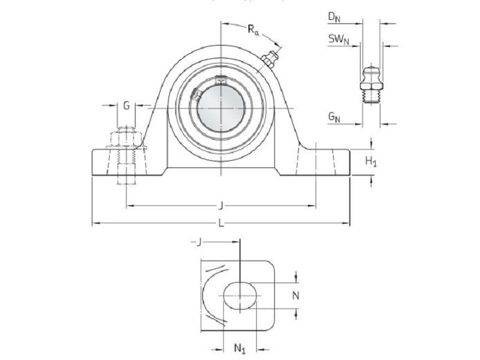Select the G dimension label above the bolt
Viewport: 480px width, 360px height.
(126, 106)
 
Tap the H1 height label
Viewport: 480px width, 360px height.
(372, 160)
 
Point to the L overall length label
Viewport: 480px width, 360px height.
(221, 224)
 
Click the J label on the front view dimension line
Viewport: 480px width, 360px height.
(221, 206)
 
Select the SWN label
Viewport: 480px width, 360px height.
(338, 40)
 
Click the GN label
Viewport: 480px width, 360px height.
(334, 118)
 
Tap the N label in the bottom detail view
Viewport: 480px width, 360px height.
(295, 295)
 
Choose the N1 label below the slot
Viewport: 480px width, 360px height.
(239, 349)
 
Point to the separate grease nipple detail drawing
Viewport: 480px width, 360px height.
(371, 84)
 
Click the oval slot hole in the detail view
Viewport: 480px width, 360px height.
(241, 295)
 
